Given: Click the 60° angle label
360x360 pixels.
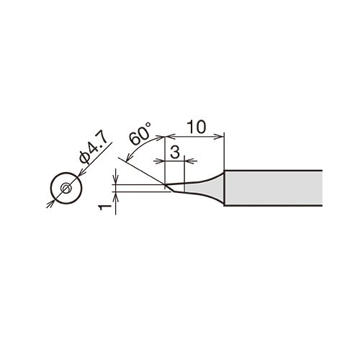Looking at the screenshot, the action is [x=140, y=133].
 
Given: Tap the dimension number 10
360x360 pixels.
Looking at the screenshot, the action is [x=197, y=127].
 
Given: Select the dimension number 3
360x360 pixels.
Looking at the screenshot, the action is [x=175, y=152].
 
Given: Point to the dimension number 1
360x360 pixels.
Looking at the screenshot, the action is [x=104, y=207].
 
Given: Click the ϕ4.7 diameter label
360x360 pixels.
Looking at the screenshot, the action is [x=92, y=149].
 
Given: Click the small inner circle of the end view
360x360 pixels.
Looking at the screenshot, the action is [x=66, y=188].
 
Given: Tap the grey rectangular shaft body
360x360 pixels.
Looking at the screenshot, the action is [x=273, y=188].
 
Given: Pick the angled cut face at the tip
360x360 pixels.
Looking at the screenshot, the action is [x=170, y=188].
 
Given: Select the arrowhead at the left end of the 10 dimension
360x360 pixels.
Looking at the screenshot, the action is [x=171, y=137].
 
